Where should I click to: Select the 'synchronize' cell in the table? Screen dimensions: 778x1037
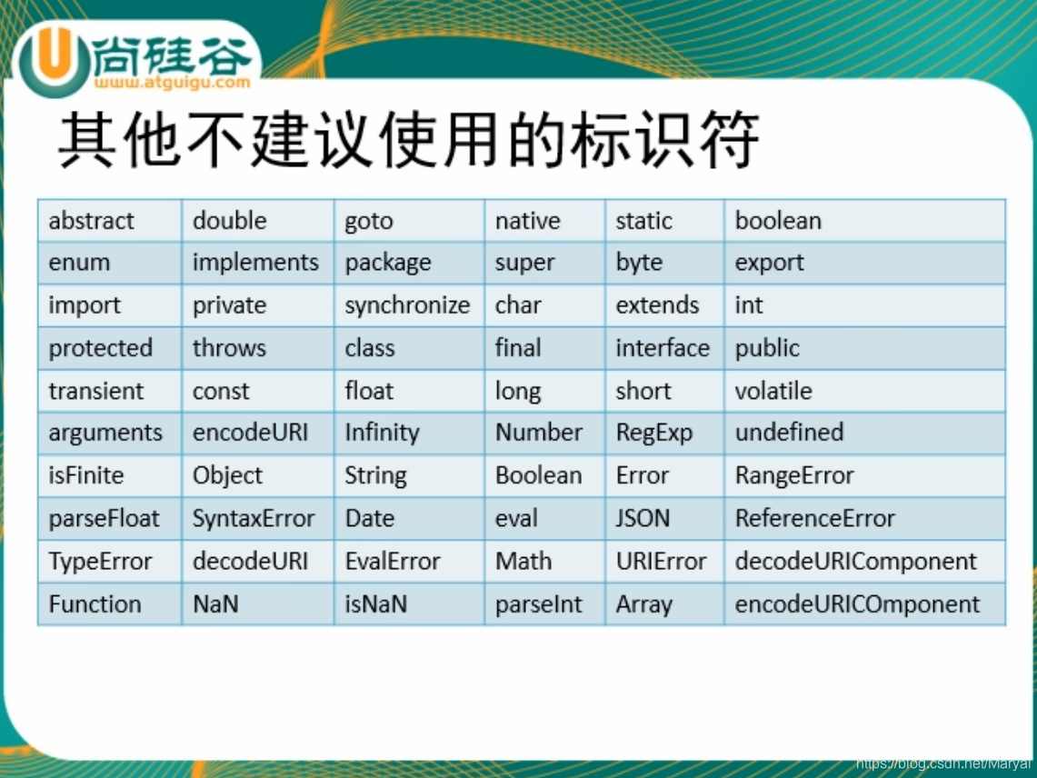[407, 305]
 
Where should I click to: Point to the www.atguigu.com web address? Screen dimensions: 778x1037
[170, 82]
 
